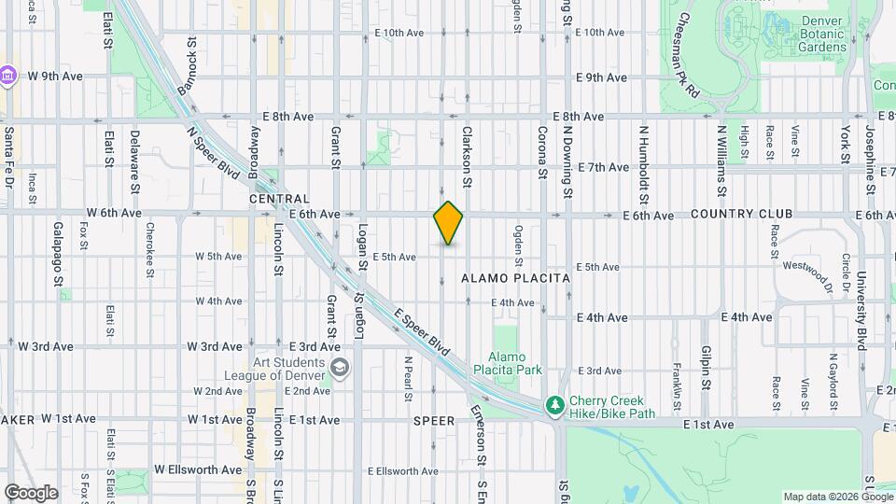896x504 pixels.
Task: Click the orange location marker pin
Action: pos(449,223)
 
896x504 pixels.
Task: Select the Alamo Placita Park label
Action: pos(515,363)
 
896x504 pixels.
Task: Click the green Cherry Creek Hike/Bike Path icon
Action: pos(554,404)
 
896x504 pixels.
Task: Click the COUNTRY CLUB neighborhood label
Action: pos(742,214)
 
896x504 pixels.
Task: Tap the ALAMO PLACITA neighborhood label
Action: pos(515,278)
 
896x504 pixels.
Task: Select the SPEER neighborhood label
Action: pos(434,421)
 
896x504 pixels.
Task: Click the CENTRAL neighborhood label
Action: pos(279,199)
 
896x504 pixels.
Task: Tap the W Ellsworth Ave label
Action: pos(198,469)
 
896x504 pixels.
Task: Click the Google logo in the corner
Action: pos(30,492)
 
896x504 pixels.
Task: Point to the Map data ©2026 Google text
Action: pos(836,497)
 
